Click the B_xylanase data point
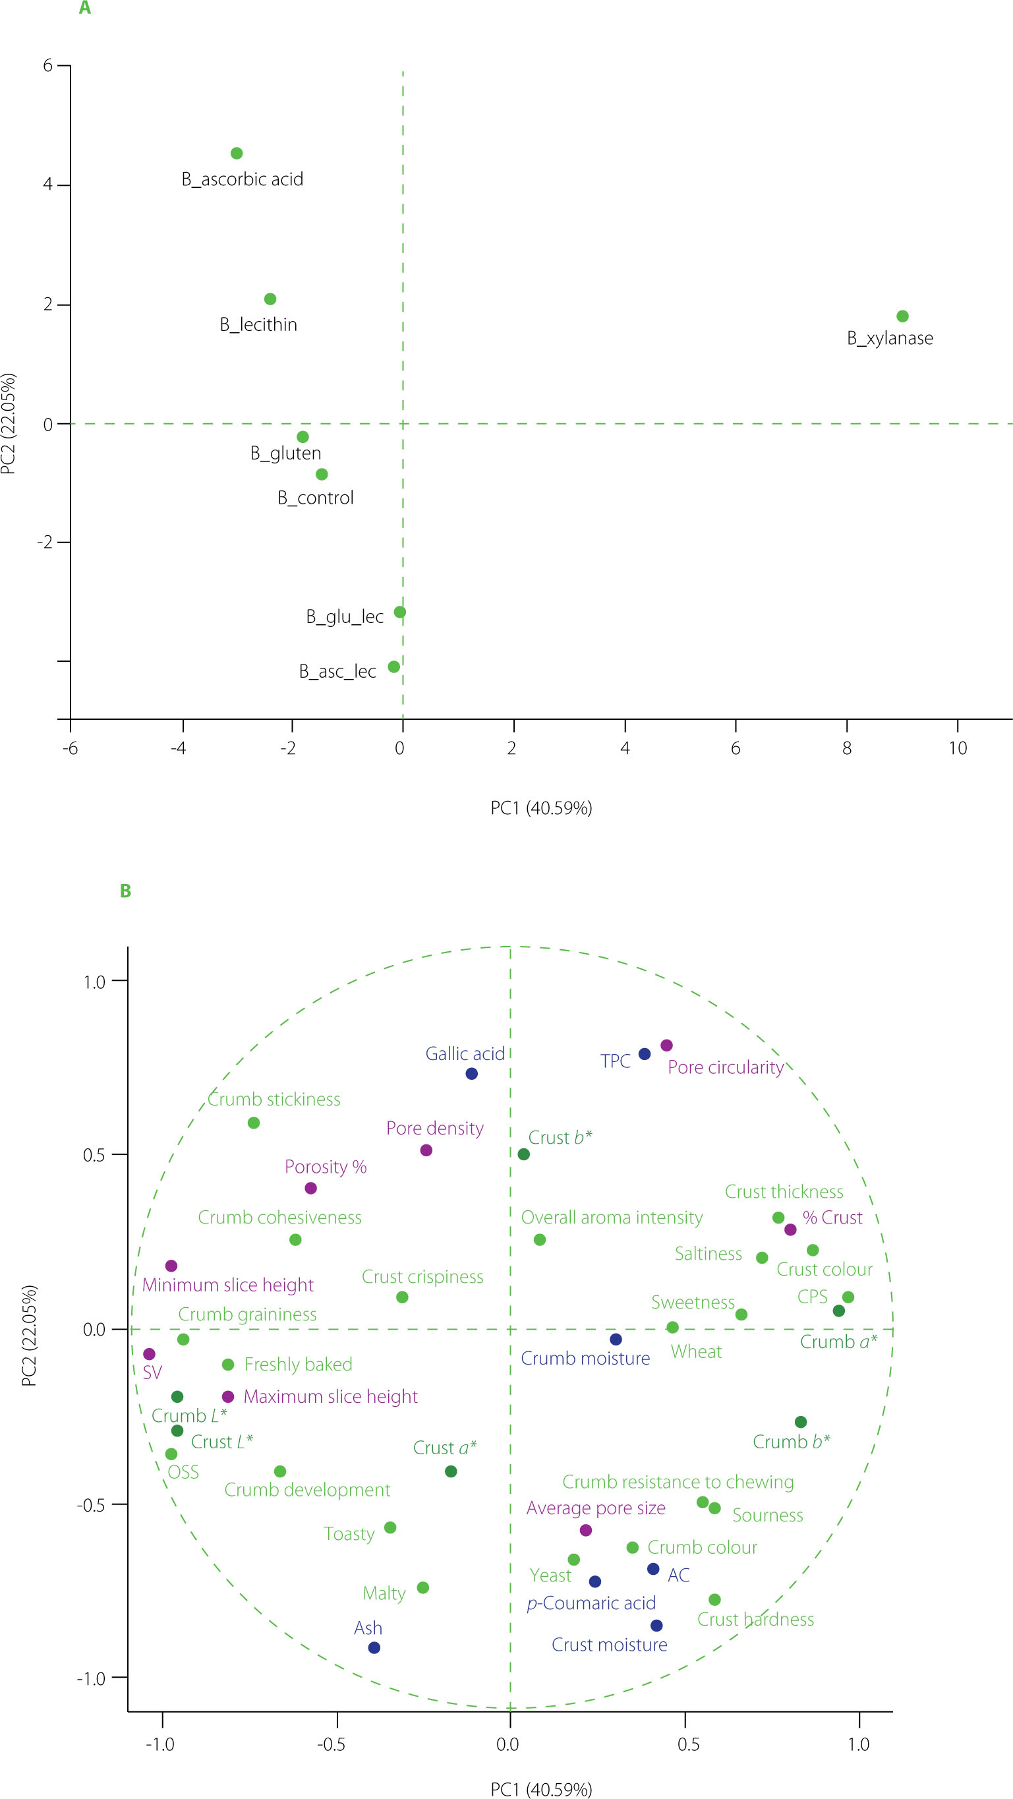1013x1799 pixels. pyautogui.click(x=902, y=316)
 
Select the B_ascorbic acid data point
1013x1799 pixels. pyautogui.click(x=237, y=153)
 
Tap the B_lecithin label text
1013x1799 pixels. pyautogui.click(x=258, y=325)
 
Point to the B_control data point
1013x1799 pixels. pyautogui.click(x=322, y=474)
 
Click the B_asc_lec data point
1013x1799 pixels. pyautogui.click(x=393, y=667)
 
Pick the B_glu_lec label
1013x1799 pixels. pyautogui.click(x=345, y=616)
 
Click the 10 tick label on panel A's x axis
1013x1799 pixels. pyautogui.click(x=957, y=749)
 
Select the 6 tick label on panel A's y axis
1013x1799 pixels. pyautogui.click(x=47, y=66)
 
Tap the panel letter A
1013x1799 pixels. pyautogui.click(x=84, y=9)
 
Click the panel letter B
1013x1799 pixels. pyautogui.click(x=126, y=891)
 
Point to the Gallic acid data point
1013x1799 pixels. pyautogui.click(x=471, y=1073)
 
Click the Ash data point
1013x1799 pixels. pyautogui.click(x=374, y=1647)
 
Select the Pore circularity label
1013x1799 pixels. pyautogui.click(x=726, y=1067)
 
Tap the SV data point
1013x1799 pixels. pyautogui.click(x=150, y=1354)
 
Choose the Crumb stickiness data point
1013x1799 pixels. pyautogui.click(x=254, y=1123)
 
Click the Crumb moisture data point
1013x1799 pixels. pyautogui.click(x=616, y=1340)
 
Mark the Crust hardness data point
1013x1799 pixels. pyautogui.click(x=714, y=1599)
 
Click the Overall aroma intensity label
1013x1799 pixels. pyautogui.click(x=612, y=1218)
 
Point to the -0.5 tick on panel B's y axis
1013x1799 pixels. pyautogui.click(x=91, y=1504)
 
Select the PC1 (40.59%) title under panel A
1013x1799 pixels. pyautogui.click(x=541, y=808)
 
